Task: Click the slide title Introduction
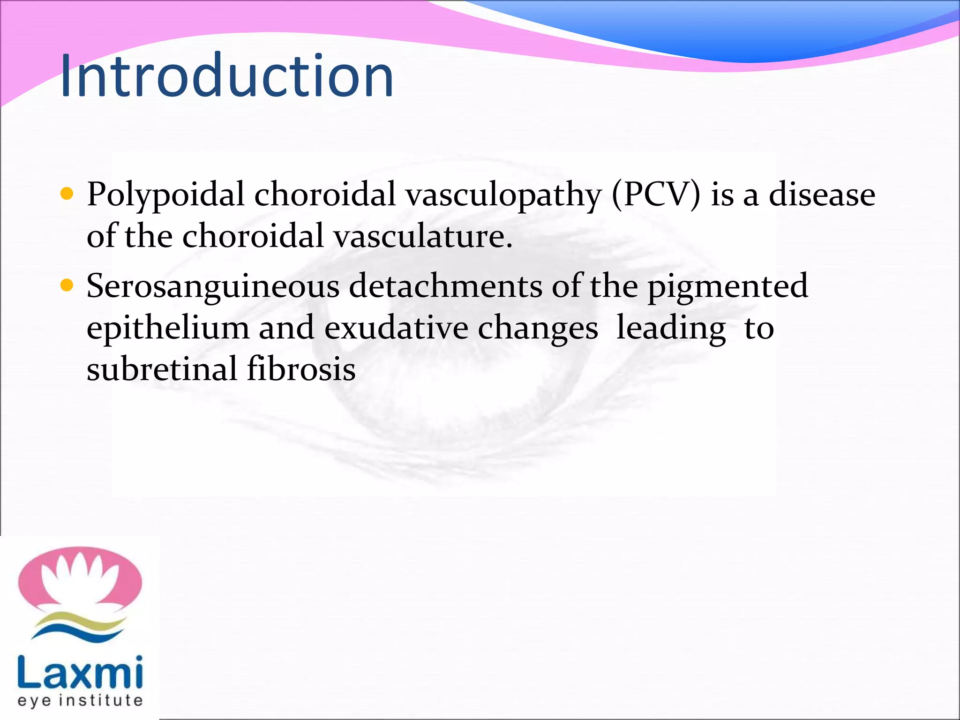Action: (227, 76)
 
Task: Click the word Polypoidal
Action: (165, 194)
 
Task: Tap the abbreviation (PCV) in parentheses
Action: (656, 194)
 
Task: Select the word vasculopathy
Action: (503, 194)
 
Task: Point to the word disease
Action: (822, 194)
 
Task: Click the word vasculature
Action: (422, 236)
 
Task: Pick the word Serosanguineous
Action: (213, 286)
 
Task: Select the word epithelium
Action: (168, 328)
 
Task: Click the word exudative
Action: (396, 328)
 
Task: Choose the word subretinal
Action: (162, 368)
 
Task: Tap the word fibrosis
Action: (301, 368)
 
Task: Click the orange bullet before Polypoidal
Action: (67, 194)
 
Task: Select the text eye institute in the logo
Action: (80, 700)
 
